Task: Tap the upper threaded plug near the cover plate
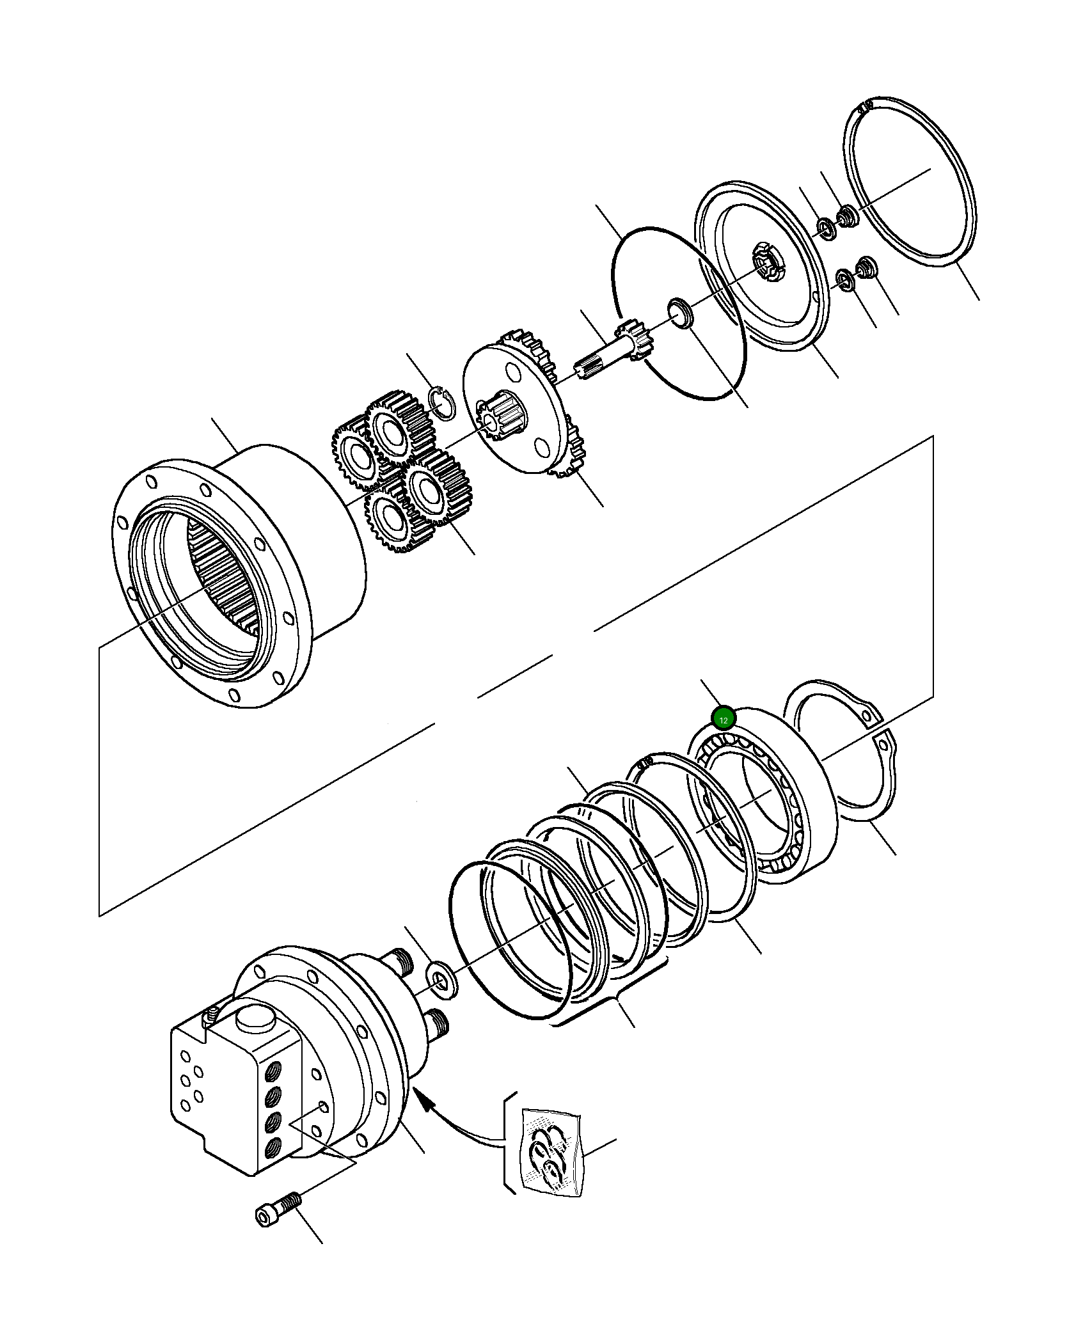[848, 216]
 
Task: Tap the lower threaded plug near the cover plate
[867, 267]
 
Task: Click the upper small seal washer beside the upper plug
[827, 228]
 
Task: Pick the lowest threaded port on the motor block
[273, 1145]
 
